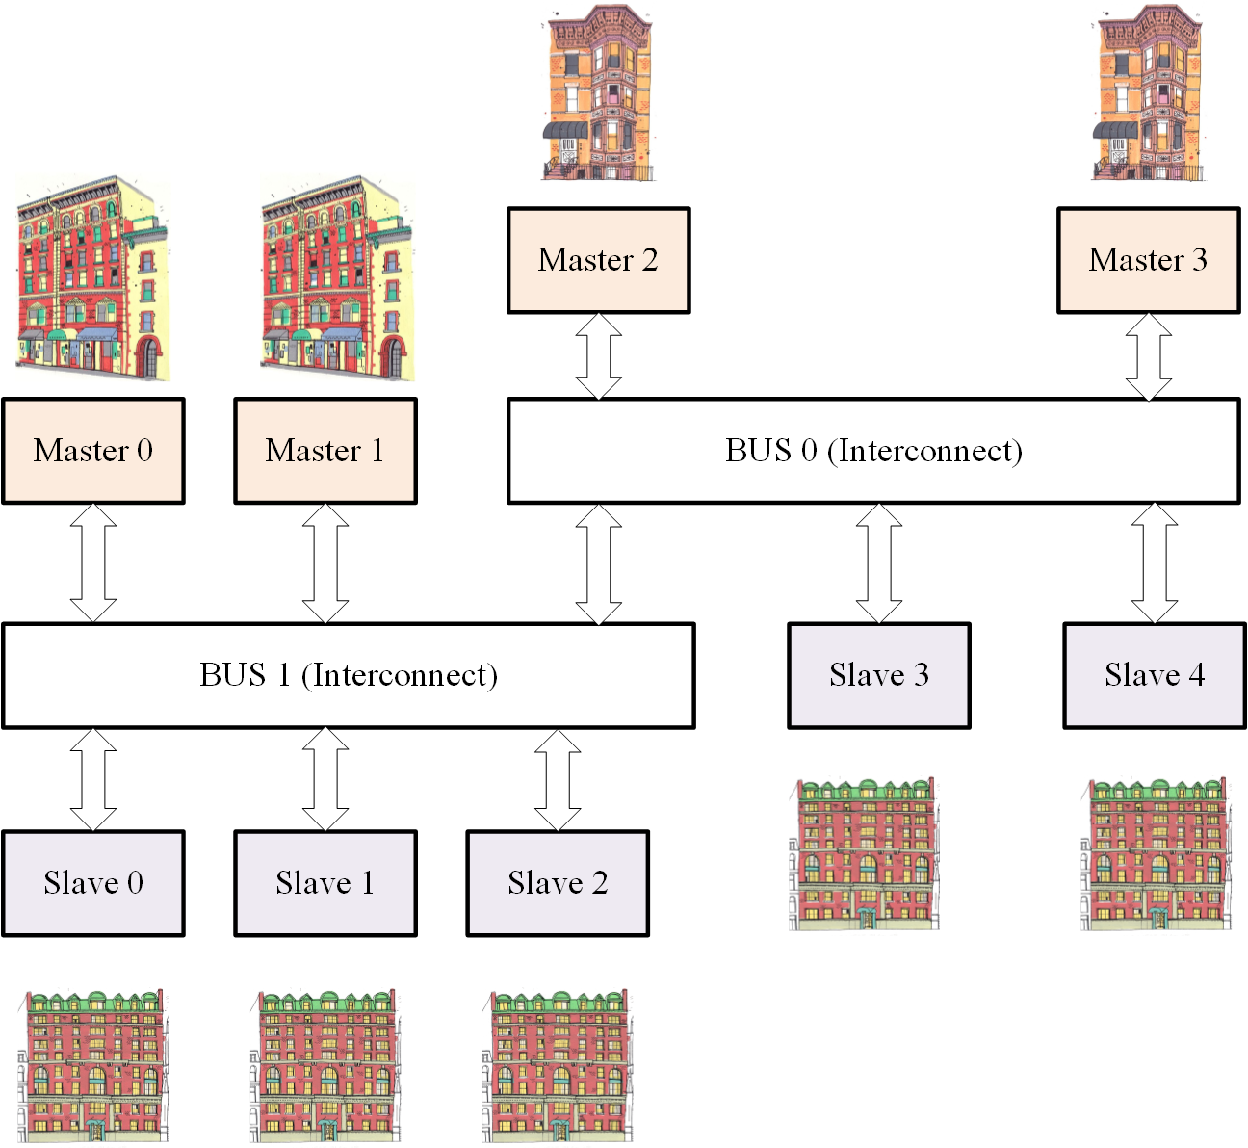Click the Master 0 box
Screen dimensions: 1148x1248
(93, 451)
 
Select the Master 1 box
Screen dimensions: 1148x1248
(325, 451)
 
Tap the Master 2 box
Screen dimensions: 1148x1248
(598, 260)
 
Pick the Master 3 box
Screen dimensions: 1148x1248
(1148, 260)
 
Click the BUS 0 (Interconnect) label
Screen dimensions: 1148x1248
(872, 451)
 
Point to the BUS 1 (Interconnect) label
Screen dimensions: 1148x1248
(348, 675)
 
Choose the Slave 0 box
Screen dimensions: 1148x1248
(93, 883)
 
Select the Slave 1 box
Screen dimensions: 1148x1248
(325, 883)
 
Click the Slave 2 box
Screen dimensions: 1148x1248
(558, 883)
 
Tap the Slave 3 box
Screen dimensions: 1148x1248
(879, 675)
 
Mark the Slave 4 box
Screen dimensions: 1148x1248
(1155, 675)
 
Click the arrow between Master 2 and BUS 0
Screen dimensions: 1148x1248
(598, 355)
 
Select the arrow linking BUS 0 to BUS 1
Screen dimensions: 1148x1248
(598, 563)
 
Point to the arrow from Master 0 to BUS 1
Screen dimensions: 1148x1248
(93, 563)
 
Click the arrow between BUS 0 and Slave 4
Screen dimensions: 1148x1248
(1155, 563)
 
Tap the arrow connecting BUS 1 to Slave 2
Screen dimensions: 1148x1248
(558, 779)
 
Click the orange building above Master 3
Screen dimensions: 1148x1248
(1148, 93)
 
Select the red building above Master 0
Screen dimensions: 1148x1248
(91, 279)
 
